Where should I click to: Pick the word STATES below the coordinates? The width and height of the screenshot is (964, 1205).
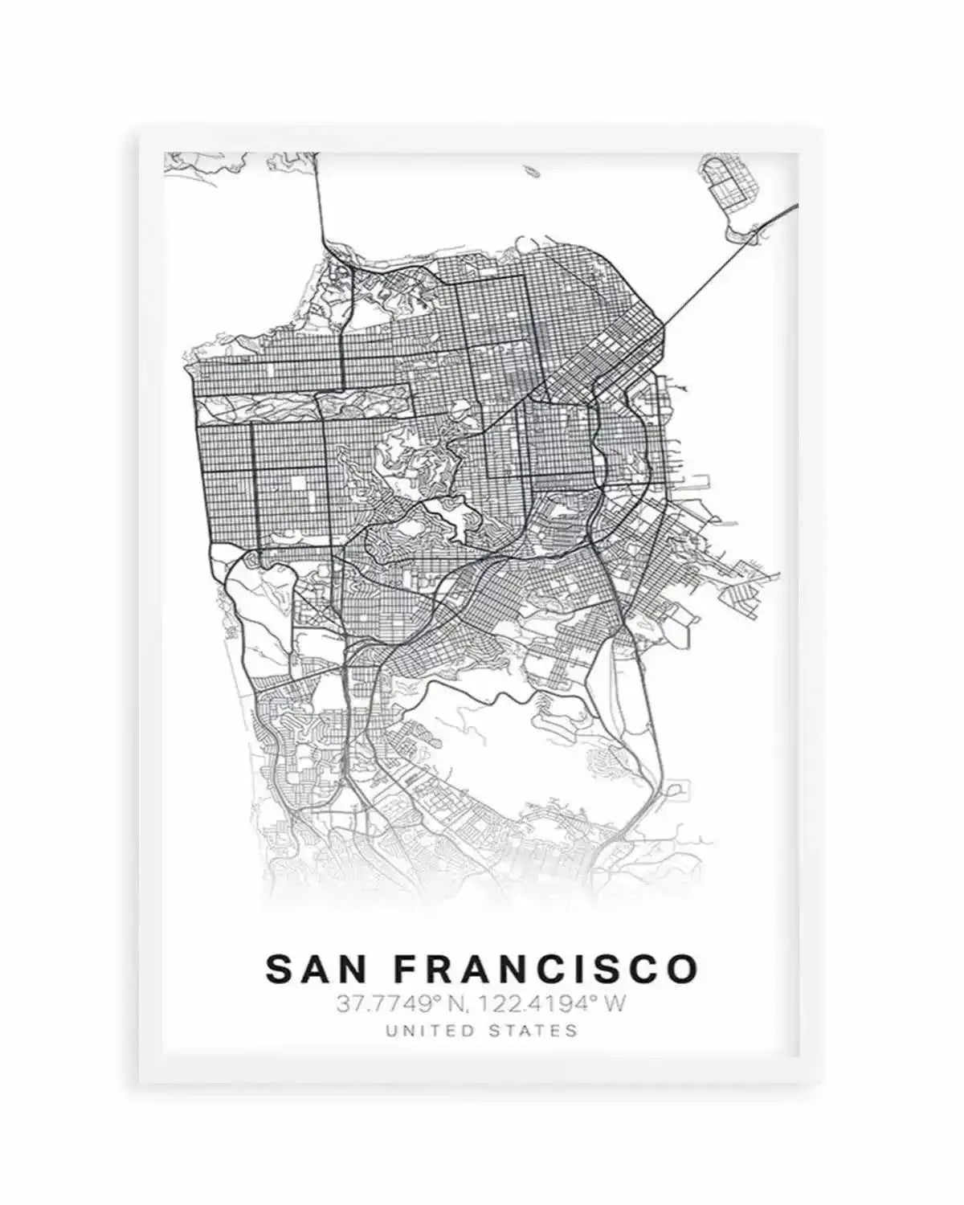(537, 1030)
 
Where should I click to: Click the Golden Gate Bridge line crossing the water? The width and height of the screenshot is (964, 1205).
(318, 201)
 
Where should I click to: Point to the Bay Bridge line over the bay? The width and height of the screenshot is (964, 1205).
(707, 273)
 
